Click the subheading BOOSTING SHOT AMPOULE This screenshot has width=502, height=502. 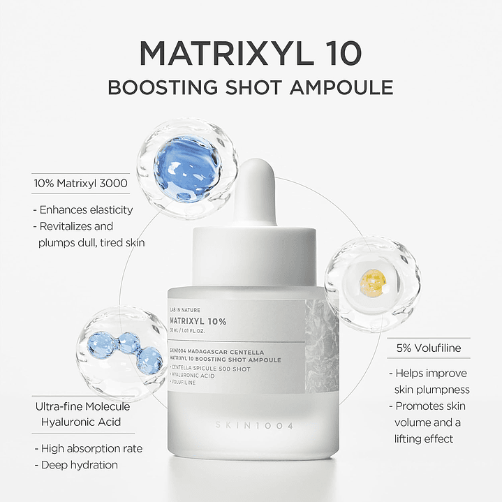251,88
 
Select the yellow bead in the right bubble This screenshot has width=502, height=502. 372,283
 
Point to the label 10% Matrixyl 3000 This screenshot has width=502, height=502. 80,184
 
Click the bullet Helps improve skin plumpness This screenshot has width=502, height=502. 431,381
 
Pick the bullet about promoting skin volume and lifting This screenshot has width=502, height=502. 428,422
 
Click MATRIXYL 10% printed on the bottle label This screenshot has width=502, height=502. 198,321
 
